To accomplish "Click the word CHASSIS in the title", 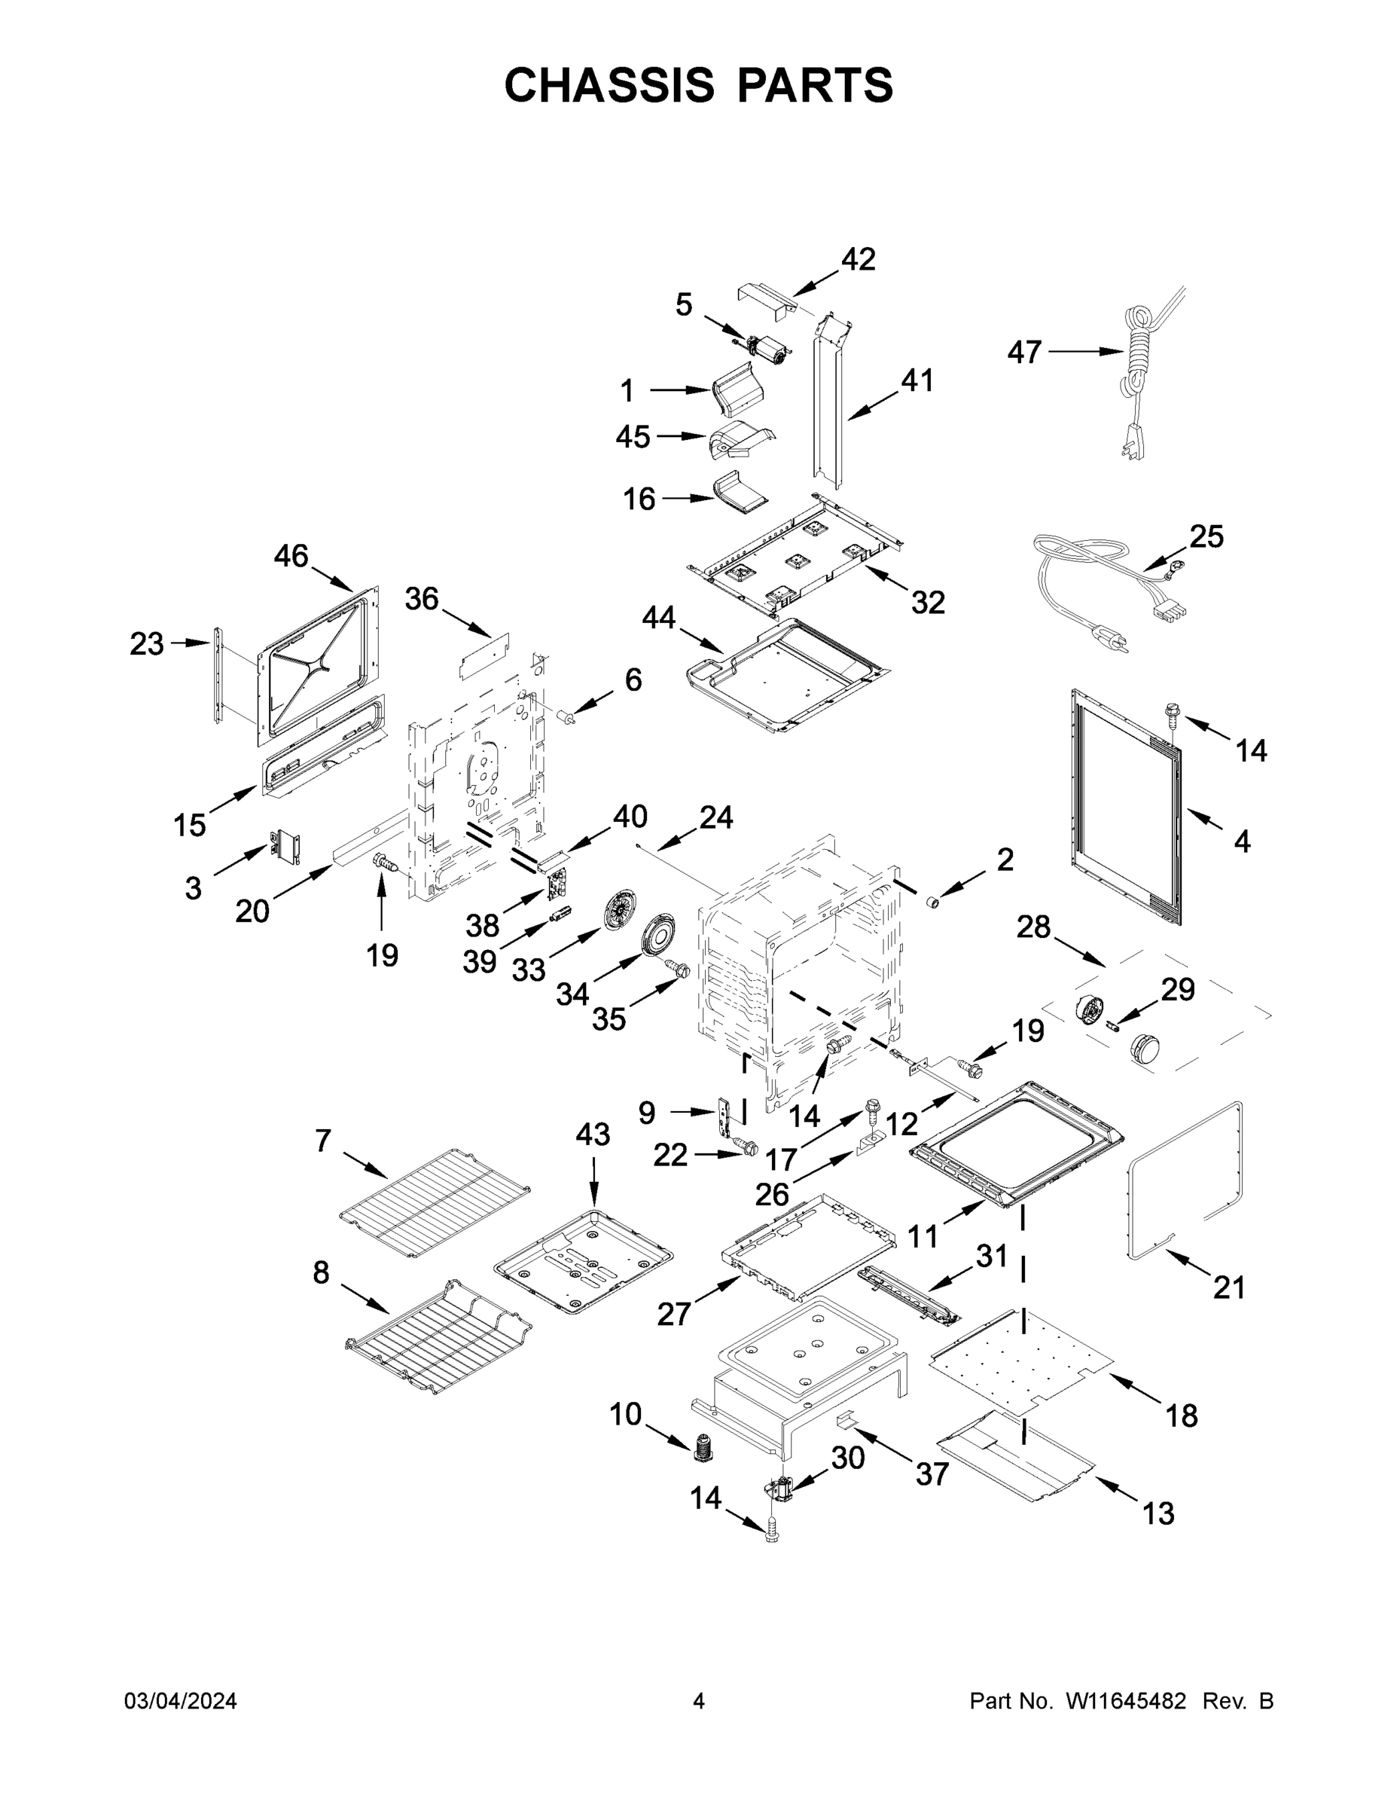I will point(609,85).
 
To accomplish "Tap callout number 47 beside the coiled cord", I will point(1023,353).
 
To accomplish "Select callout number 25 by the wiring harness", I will point(1206,536).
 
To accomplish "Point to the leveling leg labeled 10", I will point(703,1447).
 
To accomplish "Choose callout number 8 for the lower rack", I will point(321,1272).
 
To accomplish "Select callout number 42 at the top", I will point(859,260).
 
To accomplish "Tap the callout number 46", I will point(291,556).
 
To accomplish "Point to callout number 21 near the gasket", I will point(1229,1287).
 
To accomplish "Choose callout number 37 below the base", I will point(932,1474).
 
